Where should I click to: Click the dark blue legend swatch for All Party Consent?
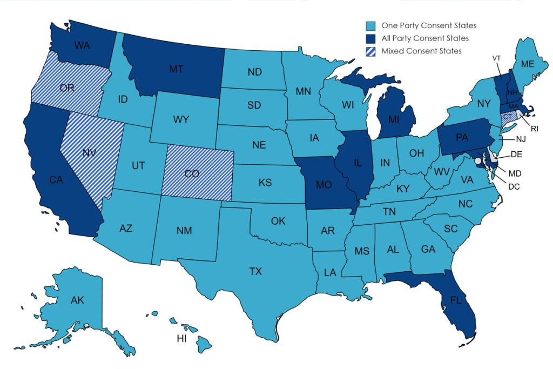pyautogui.click(x=370, y=38)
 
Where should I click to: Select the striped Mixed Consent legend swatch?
pyautogui.click(x=370, y=51)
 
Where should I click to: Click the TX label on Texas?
pyautogui.click(x=255, y=271)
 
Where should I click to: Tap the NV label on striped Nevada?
pyautogui.click(x=90, y=152)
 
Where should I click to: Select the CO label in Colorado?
pyautogui.click(x=192, y=174)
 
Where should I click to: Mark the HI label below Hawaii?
pyautogui.click(x=183, y=339)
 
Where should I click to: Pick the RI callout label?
pyautogui.click(x=535, y=129)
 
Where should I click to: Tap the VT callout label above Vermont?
pyautogui.click(x=496, y=58)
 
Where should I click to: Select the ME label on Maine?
pyautogui.click(x=527, y=64)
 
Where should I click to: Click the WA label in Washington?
pyautogui.click(x=82, y=45)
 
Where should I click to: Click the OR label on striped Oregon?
pyautogui.click(x=67, y=88)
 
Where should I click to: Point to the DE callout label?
pyautogui.click(x=516, y=155)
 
